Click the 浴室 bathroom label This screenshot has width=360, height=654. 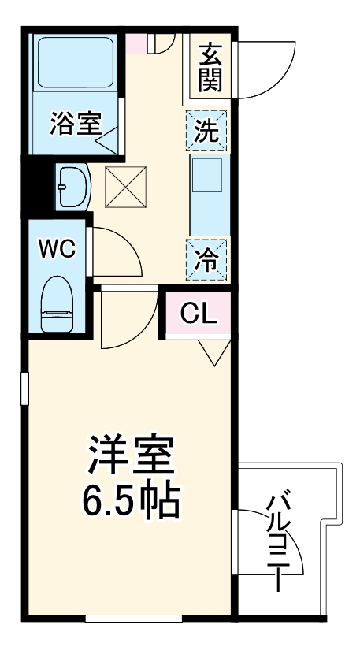tap(75, 124)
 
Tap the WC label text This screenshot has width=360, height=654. tap(57, 250)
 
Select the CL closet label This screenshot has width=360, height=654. tap(198, 314)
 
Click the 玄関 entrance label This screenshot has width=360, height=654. tap(210, 66)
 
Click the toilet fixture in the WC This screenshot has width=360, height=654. tap(57, 303)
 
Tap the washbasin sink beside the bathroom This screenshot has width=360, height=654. tap(72, 187)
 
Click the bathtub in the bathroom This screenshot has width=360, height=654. tap(74, 66)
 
